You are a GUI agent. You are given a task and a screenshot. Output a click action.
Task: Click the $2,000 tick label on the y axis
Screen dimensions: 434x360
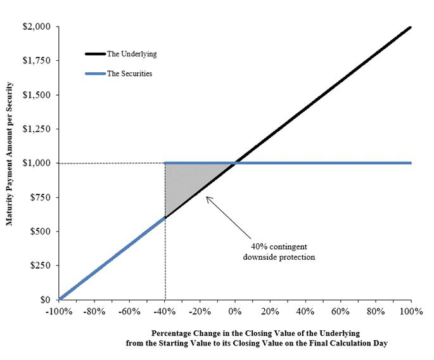point(37,27)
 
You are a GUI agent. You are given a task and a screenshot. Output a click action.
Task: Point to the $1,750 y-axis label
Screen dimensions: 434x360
point(37,60)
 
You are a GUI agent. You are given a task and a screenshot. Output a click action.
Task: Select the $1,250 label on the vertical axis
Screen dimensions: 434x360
point(37,129)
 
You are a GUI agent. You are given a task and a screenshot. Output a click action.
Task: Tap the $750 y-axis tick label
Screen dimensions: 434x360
point(41,197)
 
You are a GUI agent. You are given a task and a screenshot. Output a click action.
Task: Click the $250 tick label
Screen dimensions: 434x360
point(41,266)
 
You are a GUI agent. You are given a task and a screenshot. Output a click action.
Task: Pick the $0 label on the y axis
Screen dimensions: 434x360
point(46,300)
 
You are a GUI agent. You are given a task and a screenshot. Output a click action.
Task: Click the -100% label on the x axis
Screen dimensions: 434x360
point(59,312)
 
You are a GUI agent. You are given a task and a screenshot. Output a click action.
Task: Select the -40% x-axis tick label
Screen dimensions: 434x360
point(165,312)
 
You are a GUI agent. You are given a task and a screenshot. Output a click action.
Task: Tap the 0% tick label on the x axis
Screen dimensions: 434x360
point(235,312)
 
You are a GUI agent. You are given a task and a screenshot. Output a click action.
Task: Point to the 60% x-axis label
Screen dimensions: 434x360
point(340,312)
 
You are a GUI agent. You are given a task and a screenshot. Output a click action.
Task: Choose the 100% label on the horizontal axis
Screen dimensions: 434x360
point(411,312)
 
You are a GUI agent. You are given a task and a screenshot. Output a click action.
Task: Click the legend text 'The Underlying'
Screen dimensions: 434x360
point(132,54)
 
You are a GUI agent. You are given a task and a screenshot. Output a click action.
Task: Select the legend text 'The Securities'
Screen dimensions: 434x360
point(130,74)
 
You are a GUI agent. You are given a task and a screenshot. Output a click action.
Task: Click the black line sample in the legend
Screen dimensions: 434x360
point(96,54)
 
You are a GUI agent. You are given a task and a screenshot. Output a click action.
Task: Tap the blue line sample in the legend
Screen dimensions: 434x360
point(96,74)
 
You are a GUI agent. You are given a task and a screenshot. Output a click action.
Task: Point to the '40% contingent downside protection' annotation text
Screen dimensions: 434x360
point(279,252)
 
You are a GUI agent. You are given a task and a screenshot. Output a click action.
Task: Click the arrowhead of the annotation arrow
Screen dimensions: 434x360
point(207,197)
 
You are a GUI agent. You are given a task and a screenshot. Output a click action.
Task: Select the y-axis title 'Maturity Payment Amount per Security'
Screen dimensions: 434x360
point(10,153)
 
